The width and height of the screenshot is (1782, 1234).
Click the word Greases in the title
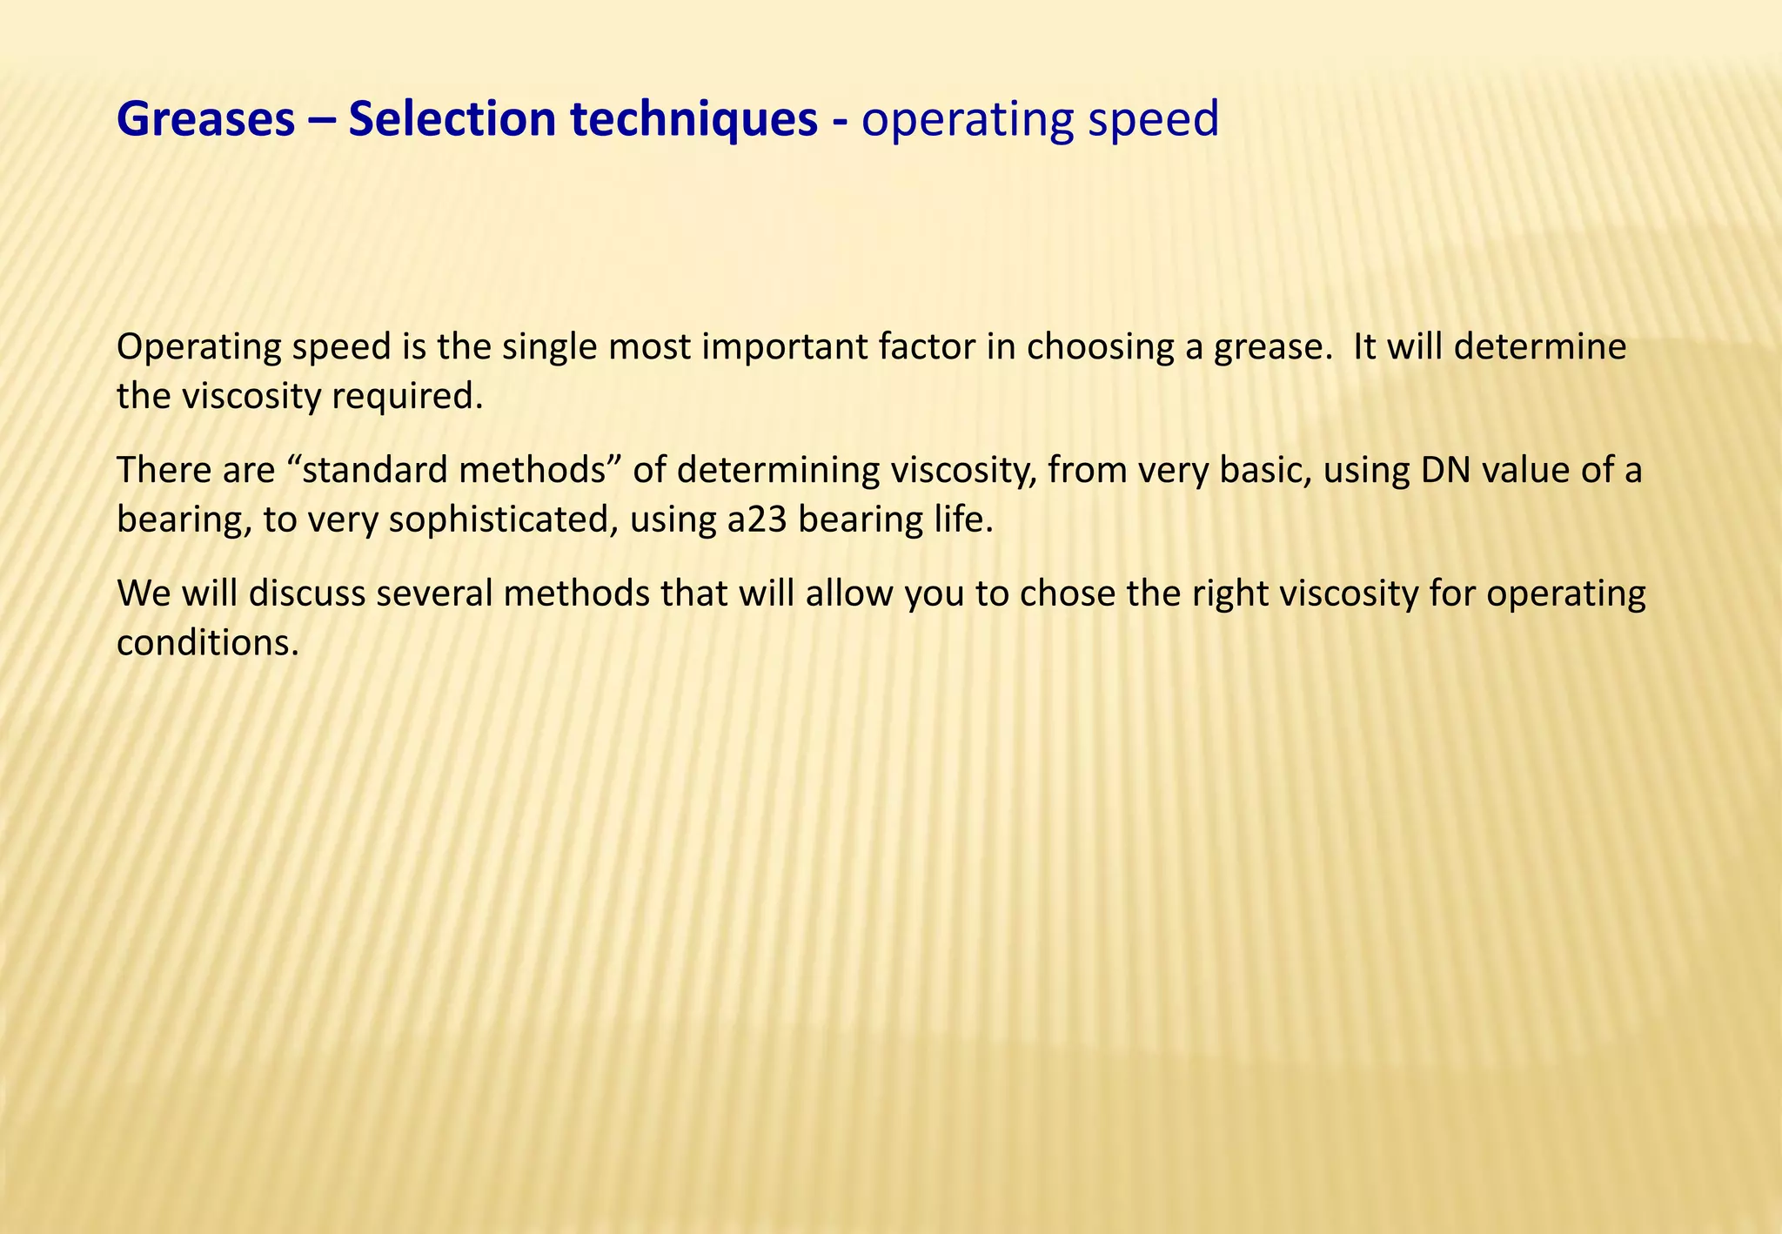pyautogui.click(x=206, y=120)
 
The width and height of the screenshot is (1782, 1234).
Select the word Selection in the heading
pyautogui.click(x=452, y=120)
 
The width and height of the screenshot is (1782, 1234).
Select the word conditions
pyautogui.click(x=208, y=644)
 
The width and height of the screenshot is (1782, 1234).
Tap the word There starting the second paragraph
pyautogui.click(x=163, y=471)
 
